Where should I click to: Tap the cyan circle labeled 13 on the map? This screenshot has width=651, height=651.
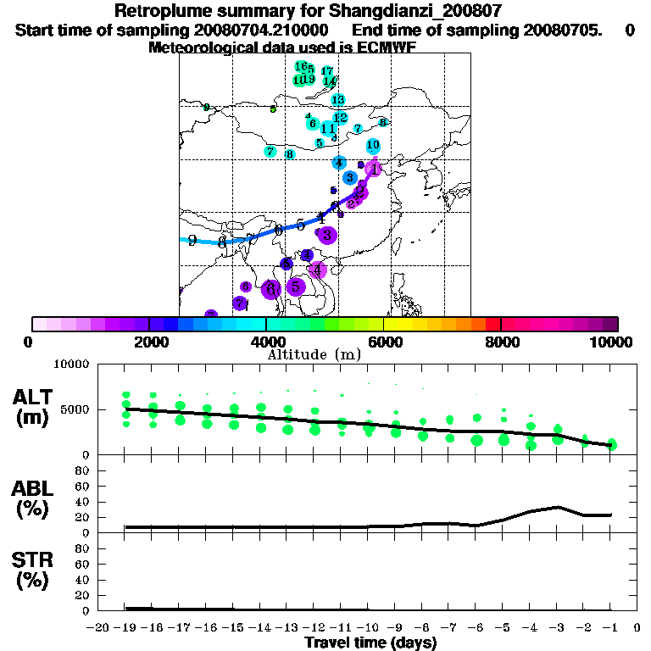337,100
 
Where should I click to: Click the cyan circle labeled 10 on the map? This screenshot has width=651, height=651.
372,145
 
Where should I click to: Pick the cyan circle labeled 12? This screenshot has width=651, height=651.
340,118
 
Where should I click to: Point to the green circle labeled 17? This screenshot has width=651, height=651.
327,71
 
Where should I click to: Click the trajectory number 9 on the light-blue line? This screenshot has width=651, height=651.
192,241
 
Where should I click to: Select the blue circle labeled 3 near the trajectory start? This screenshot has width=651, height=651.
349,177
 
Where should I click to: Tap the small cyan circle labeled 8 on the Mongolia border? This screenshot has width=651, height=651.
383,122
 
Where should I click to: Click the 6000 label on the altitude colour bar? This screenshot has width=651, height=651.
383,342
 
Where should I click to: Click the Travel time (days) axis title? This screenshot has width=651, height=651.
370,643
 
